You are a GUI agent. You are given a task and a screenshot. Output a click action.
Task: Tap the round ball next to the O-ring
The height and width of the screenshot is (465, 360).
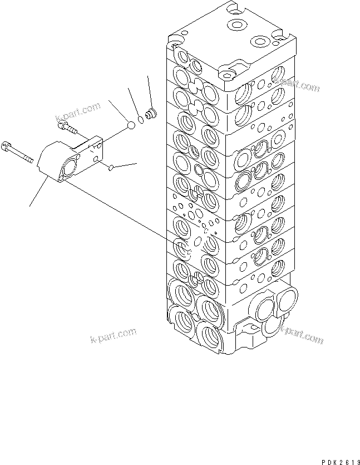click(x=131, y=126)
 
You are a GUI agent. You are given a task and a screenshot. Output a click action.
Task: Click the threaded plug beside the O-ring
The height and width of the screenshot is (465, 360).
click(x=149, y=116)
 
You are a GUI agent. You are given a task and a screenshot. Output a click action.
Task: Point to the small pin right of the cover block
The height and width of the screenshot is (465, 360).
click(x=112, y=166)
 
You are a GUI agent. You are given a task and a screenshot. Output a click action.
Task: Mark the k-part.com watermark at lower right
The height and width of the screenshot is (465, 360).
click(x=300, y=335)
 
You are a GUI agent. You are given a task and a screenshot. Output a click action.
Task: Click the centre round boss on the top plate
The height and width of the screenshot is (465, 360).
click(x=238, y=25)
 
